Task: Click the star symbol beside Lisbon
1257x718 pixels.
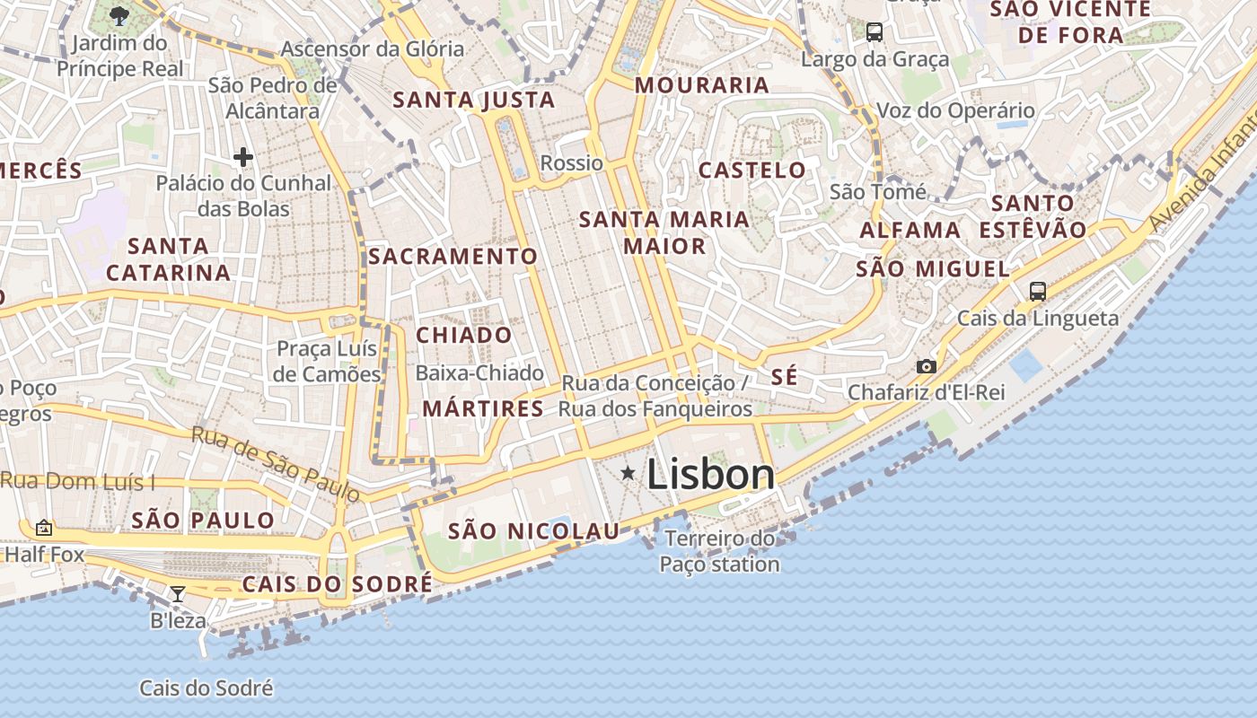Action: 628,473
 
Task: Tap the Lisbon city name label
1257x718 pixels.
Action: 710,475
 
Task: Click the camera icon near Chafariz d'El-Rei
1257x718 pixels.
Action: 926,366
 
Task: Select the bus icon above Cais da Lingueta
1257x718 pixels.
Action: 1037,291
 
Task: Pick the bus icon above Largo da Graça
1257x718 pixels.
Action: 874,32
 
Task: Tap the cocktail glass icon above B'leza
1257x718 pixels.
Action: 178,593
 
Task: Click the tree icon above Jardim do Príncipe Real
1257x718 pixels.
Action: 119,15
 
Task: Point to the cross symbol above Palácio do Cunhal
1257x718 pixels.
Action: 242,158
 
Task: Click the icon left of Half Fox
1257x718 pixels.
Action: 43,528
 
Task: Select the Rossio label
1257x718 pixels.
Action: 571,163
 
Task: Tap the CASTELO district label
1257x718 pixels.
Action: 752,170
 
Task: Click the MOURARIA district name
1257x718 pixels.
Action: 702,85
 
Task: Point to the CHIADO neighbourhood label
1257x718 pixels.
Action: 464,335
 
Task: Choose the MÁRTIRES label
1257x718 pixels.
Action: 483,409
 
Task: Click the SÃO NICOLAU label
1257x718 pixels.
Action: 534,531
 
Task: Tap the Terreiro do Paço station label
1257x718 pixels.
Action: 720,551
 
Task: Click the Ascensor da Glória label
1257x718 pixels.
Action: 373,48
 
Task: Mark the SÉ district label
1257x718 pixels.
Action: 784,377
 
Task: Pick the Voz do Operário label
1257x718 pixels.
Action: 955,110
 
